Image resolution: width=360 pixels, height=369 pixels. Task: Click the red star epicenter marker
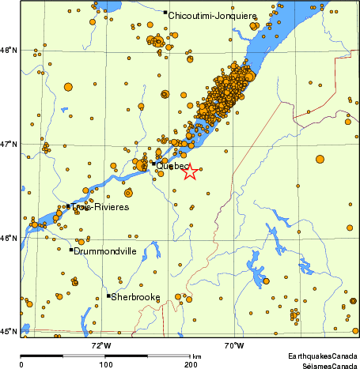(190, 171)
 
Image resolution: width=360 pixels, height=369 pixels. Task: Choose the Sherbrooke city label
(135, 297)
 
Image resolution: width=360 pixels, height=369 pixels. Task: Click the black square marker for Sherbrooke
(108, 296)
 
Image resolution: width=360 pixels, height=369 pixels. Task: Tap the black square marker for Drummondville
(71, 250)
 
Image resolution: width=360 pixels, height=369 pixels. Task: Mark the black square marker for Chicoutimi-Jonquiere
(165, 13)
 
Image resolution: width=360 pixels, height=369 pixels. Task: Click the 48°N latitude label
(9, 51)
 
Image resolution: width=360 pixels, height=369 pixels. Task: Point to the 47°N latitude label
(9, 145)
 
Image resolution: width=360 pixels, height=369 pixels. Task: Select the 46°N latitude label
(9, 238)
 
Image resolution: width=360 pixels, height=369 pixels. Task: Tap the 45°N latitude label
(9, 331)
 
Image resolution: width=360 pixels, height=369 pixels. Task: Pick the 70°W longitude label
(233, 345)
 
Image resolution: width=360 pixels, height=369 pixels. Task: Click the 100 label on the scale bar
(105, 364)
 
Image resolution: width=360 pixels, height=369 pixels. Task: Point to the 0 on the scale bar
(21, 364)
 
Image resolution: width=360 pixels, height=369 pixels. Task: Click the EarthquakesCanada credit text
(320, 356)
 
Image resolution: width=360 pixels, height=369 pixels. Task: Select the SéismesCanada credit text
(327, 365)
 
